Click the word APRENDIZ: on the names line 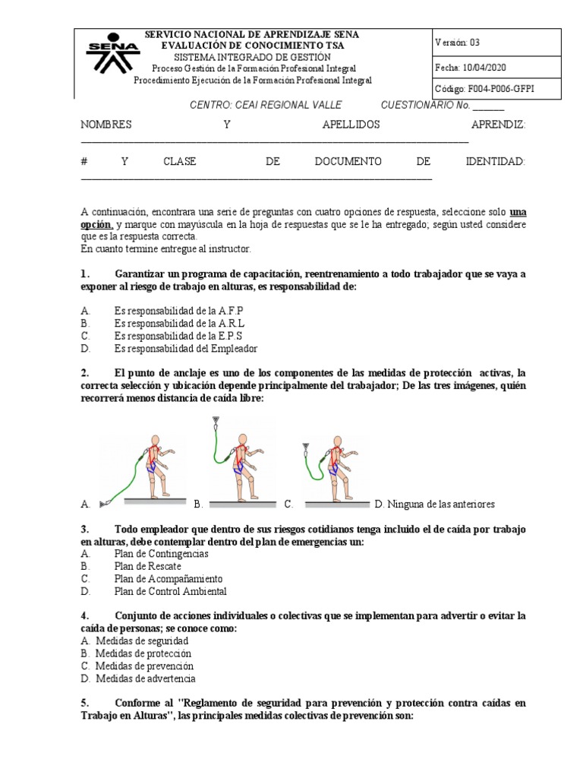click(498, 125)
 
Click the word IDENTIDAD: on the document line click(495, 162)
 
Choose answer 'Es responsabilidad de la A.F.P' click(179, 311)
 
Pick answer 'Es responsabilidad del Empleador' click(186, 349)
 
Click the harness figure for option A click(148, 466)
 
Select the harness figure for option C click(330, 465)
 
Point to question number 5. click(85, 703)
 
